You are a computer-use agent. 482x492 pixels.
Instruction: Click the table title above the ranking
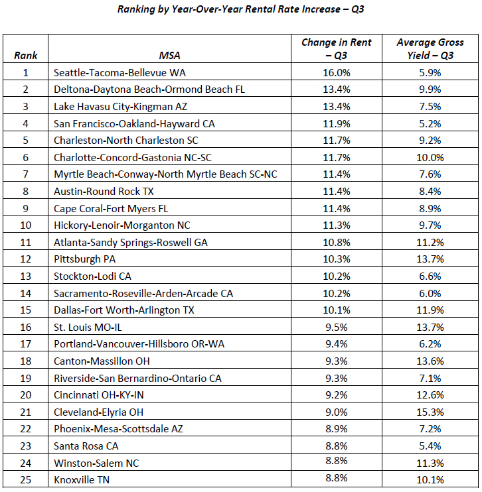tap(241, 9)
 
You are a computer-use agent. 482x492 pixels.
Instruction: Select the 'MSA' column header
tap(169, 56)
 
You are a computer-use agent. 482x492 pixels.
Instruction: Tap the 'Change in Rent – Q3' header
tap(337, 48)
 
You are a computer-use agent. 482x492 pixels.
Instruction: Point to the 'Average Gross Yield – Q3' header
tap(430, 48)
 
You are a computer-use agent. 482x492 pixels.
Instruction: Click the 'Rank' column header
tap(25, 56)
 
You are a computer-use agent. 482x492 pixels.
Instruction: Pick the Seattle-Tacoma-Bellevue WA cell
tap(120, 73)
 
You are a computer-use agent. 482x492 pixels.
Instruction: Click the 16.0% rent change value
tap(337, 73)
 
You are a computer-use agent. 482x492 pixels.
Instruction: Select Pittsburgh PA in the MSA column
tap(84, 259)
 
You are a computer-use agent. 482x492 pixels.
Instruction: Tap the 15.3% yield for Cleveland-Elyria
tap(430, 412)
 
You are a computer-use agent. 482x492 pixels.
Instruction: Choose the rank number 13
tap(25, 277)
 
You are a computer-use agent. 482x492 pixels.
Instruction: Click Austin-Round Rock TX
tap(104, 192)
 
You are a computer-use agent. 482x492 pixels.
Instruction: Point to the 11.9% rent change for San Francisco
tap(337, 123)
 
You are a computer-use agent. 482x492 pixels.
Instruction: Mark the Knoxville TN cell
tap(82, 480)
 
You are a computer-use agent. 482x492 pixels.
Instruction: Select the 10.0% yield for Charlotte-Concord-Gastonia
tap(430, 158)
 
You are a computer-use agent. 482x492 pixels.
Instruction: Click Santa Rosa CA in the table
tap(86, 446)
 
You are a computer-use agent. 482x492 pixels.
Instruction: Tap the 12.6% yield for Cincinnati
tap(430, 395)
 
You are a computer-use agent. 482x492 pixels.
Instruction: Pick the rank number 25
tap(25, 480)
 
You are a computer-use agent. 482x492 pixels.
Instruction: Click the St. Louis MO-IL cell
tap(88, 328)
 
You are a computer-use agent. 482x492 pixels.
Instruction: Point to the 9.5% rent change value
tap(337, 328)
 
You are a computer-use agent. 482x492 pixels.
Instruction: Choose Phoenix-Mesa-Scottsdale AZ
tap(118, 429)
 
